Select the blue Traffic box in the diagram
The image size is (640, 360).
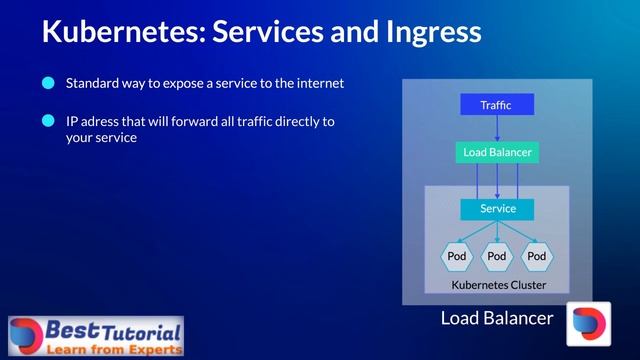(497, 105)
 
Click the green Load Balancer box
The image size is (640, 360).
(497, 153)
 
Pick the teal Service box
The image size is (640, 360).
(497, 209)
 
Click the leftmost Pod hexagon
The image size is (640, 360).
(457, 256)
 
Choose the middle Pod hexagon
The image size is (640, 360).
(497, 256)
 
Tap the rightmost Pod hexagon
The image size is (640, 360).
(537, 256)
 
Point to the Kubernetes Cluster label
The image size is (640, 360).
(498, 285)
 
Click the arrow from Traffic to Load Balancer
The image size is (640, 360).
(497, 129)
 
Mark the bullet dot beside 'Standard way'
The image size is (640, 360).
(48, 84)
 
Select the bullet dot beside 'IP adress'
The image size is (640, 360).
(48, 122)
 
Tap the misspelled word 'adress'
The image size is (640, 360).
(98, 122)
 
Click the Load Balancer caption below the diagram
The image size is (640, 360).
(496, 319)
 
